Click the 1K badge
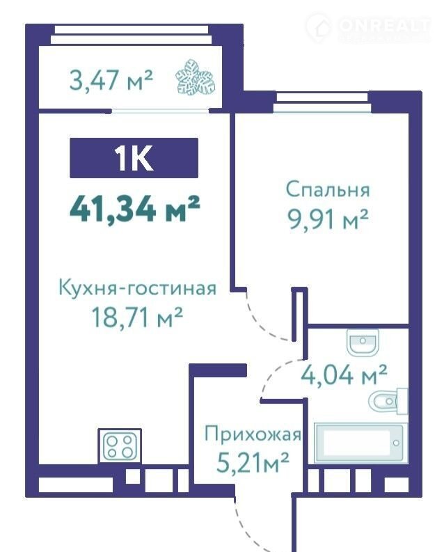pyautogui.click(x=134, y=158)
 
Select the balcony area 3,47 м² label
pyautogui.click(x=111, y=80)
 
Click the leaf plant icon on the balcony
pyautogui.click(x=196, y=77)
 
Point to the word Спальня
pyautogui.click(x=328, y=190)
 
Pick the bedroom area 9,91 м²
pyautogui.click(x=328, y=219)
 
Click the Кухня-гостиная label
pyautogui.click(x=137, y=288)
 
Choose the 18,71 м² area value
pyautogui.click(x=137, y=317)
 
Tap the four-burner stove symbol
pyautogui.click(x=120, y=445)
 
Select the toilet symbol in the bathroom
pyautogui.click(x=389, y=402)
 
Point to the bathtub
pyautogui.click(x=360, y=443)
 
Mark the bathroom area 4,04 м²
pyautogui.click(x=344, y=375)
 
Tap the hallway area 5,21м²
pyautogui.click(x=253, y=463)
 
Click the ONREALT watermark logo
pyautogui.click(x=367, y=27)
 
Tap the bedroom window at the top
pyautogui.click(x=322, y=102)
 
